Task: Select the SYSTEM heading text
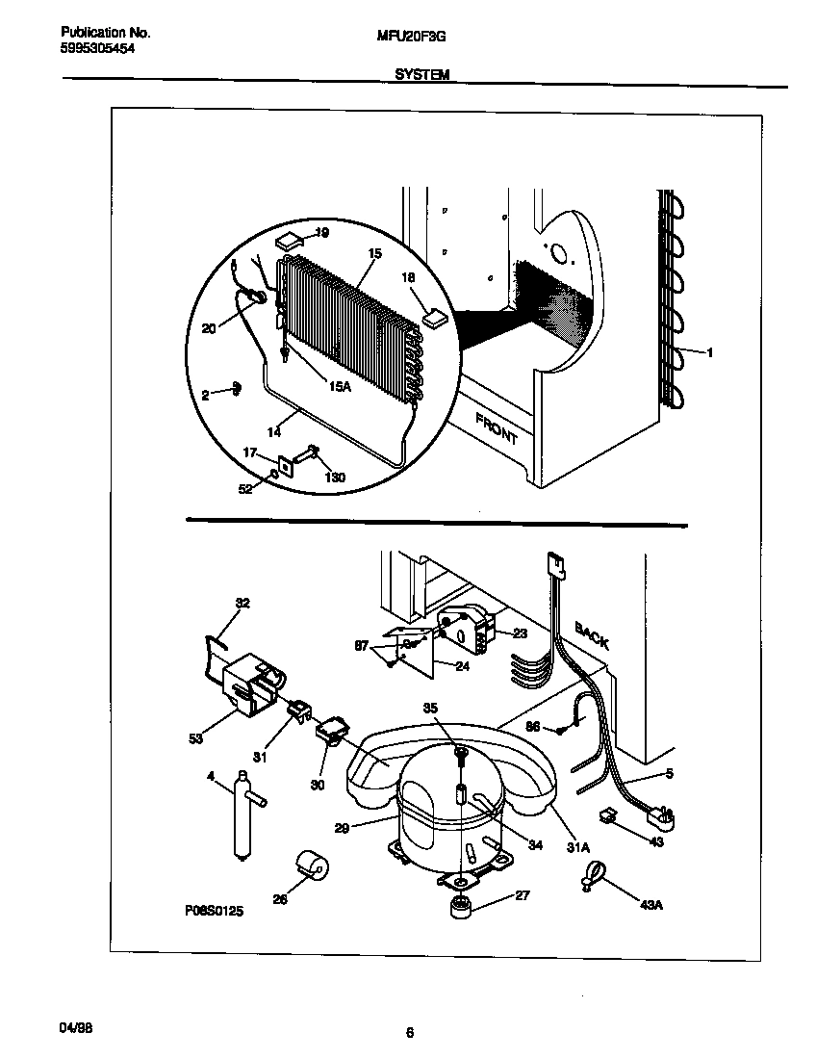(x=421, y=73)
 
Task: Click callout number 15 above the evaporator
(x=374, y=253)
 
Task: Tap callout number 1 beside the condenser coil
(x=709, y=352)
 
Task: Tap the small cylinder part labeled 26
(x=311, y=863)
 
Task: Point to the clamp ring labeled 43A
(x=592, y=875)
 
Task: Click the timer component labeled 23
(x=465, y=631)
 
